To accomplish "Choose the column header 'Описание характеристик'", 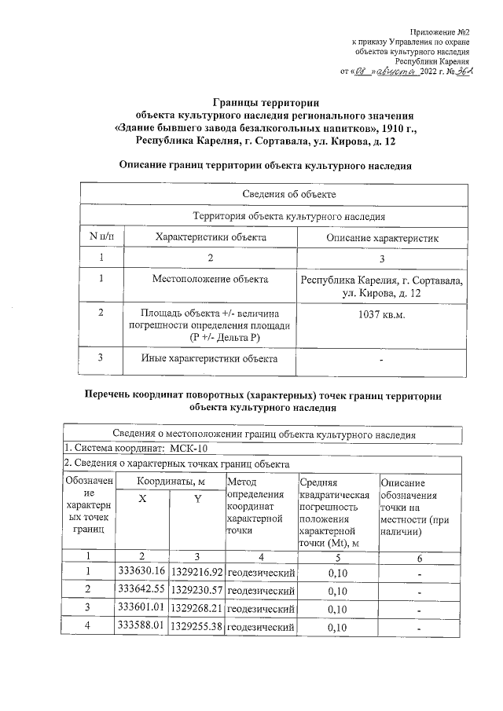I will [x=382, y=236].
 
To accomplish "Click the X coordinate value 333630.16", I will [x=141, y=570].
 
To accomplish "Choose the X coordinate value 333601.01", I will [x=141, y=608].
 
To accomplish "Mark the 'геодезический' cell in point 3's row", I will [x=261, y=609].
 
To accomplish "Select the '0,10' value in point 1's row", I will [x=336, y=571].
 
